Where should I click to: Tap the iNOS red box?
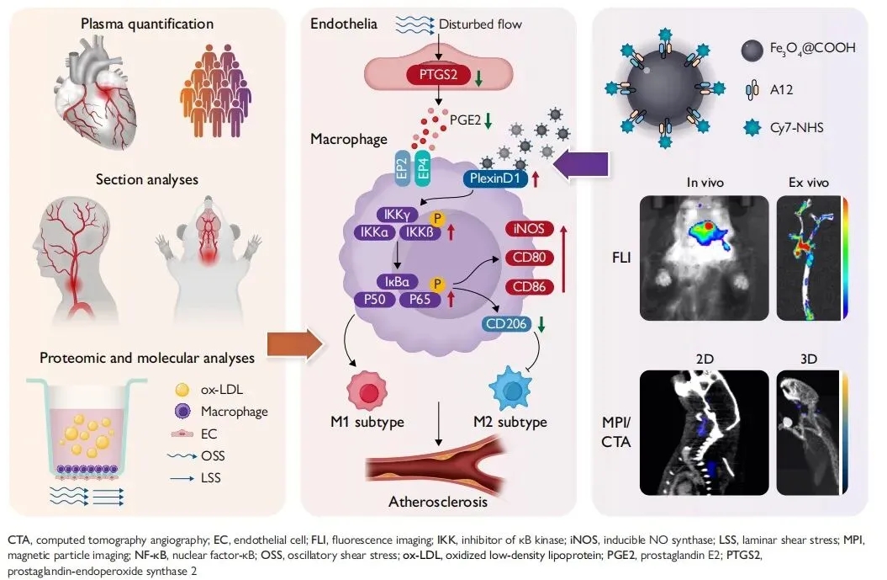(533, 229)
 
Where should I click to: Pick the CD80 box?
(533, 259)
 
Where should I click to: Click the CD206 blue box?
(506, 323)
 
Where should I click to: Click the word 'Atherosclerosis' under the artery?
(437, 502)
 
